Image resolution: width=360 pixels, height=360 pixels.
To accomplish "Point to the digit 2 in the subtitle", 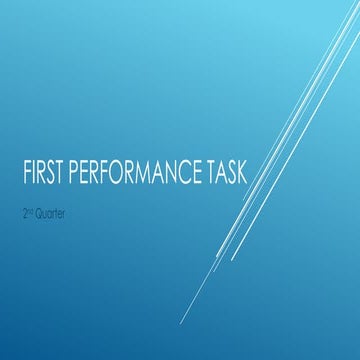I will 24,216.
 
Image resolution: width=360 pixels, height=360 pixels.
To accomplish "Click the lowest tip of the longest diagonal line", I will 181,323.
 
